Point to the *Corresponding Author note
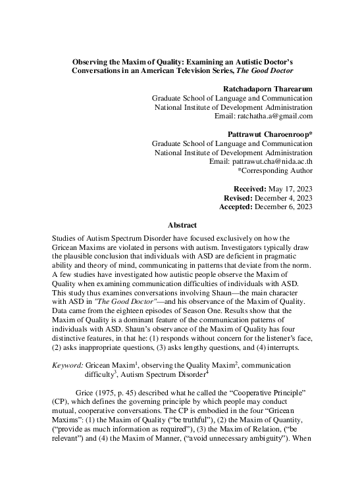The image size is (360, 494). [x=275, y=171]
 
